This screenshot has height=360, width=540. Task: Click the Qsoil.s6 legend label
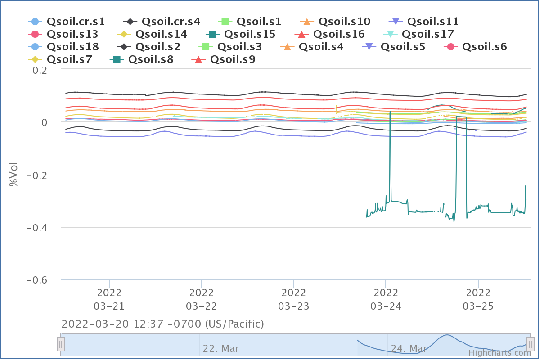point(484,46)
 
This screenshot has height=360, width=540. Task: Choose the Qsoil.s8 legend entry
point(151,59)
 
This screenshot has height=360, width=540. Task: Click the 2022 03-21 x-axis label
point(109,299)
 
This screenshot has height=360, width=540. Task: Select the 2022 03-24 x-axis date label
point(386,299)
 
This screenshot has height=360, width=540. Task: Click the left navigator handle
point(61,345)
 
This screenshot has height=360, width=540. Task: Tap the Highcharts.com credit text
point(497,353)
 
